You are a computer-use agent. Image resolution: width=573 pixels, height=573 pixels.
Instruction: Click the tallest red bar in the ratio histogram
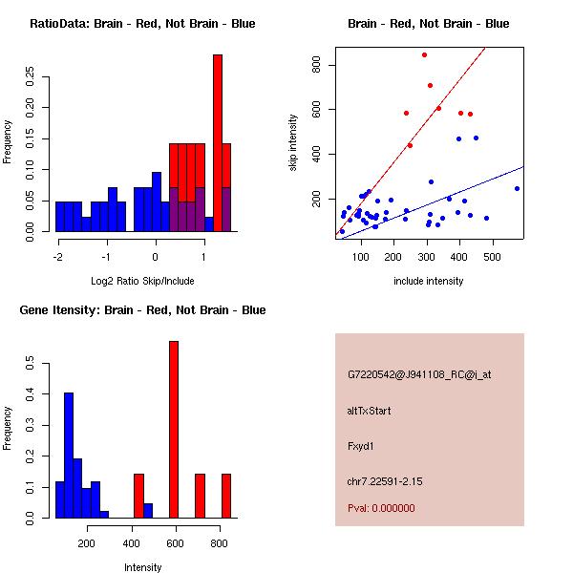(217, 143)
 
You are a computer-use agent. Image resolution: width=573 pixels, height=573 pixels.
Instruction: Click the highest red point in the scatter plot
(424, 55)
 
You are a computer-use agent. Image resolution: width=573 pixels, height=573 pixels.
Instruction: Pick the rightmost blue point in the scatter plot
(517, 188)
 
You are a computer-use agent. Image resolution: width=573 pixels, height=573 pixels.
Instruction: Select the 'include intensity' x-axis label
(429, 282)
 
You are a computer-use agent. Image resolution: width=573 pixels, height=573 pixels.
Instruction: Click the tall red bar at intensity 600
(174, 430)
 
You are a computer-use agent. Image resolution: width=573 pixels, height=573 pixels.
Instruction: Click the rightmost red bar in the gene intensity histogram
(226, 496)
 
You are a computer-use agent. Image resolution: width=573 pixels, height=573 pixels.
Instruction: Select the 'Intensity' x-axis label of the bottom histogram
(142, 568)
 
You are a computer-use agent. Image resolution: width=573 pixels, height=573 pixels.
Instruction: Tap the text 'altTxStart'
(370, 412)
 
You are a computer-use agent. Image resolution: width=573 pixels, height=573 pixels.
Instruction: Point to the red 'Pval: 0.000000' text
(381, 508)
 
